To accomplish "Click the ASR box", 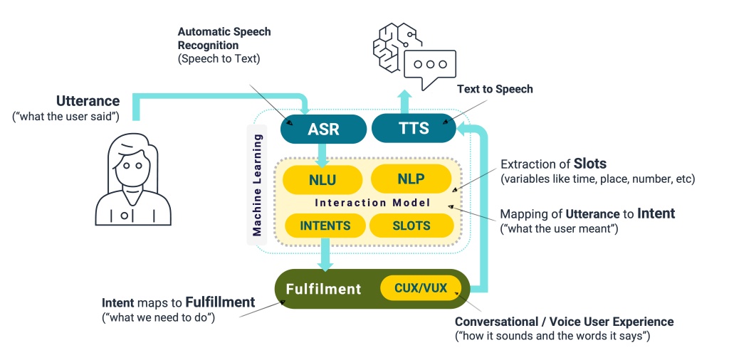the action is (324, 129).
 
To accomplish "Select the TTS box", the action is (414, 128).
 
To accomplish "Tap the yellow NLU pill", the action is (322, 179).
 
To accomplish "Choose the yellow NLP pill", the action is (411, 179).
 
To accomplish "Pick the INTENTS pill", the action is (325, 226).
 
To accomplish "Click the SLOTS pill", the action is (411, 226).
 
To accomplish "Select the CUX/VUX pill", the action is (421, 288).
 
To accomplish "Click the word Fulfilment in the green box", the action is (323, 289).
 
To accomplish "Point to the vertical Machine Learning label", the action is (256, 185).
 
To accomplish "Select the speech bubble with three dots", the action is (430, 70).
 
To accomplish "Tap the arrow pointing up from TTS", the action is (404, 102).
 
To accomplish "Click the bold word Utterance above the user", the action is (88, 101).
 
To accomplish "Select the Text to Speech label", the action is (495, 89).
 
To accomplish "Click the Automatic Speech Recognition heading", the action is (224, 39).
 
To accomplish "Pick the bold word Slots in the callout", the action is (590, 164).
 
